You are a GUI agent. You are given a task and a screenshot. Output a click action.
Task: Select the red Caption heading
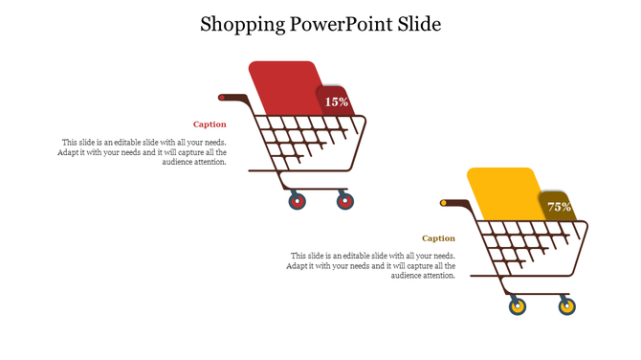[210, 124]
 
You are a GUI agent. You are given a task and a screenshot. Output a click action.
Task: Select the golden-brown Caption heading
[438, 238]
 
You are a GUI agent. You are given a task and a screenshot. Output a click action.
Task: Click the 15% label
[337, 101]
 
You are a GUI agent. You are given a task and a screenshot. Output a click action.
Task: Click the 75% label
[559, 207]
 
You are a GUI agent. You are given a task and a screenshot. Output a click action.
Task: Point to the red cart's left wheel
[297, 201]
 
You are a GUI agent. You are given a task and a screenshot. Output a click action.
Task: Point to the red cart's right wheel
[345, 201]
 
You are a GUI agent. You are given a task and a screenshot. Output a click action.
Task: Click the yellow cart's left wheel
[518, 307]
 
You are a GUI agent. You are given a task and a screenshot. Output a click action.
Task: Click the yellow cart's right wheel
[566, 307]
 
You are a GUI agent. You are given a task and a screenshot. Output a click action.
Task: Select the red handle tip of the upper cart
[222, 98]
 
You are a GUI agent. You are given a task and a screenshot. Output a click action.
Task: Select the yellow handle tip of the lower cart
[443, 203]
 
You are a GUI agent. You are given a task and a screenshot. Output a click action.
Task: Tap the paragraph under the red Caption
[144, 152]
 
